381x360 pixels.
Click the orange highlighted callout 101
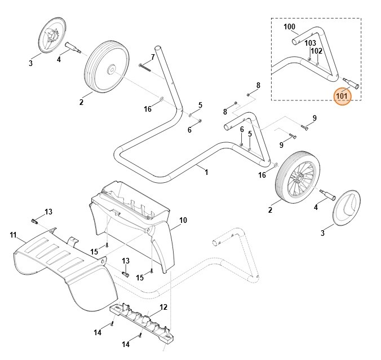(342, 96)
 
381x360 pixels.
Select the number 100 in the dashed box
(289, 27)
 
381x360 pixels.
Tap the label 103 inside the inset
(311, 43)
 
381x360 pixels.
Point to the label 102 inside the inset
(317, 51)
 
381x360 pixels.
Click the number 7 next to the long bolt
(152, 57)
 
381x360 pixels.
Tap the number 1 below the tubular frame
(206, 172)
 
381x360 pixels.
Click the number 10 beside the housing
(183, 219)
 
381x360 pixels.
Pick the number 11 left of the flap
(13, 234)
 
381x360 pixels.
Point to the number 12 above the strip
(163, 308)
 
